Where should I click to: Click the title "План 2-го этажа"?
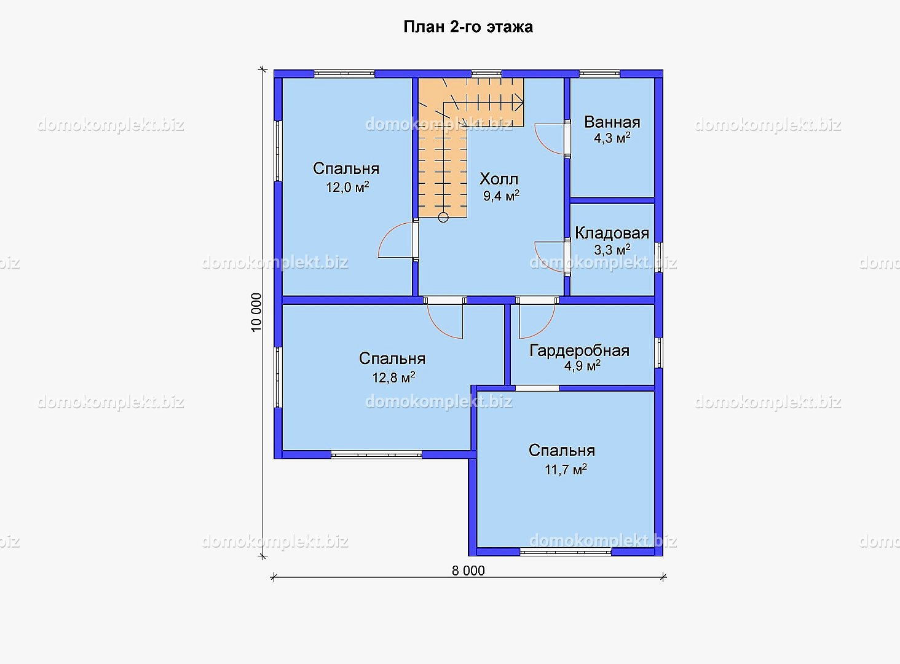point(468,27)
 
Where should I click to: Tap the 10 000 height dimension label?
point(256,312)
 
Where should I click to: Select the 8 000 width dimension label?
point(468,571)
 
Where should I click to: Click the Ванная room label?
point(612,122)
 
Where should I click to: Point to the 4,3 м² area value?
point(612,138)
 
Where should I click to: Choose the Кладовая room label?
point(612,233)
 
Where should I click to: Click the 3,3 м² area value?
point(612,250)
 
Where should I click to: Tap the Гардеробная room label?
point(579,351)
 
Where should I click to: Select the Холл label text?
point(499,179)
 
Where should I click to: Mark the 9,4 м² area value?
point(501,196)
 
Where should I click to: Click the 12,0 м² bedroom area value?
point(347,188)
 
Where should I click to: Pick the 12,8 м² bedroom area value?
point(393,377)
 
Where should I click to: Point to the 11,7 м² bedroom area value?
point(566,469)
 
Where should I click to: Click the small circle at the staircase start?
point(443,218)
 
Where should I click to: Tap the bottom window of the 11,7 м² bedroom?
point(566,552)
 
